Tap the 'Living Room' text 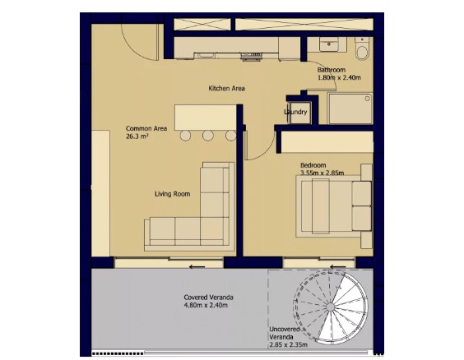[x=173, y=194]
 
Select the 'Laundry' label [x=295, y=113]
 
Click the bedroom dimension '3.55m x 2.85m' [x=322, y=173]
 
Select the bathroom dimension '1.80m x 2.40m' [x=340, y=78]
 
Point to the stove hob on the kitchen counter [x=252, y=54]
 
